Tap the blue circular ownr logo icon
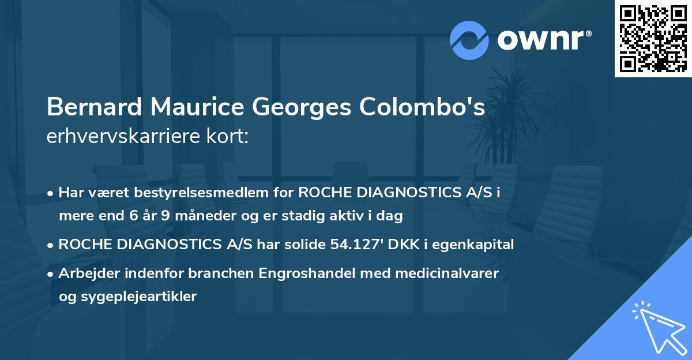(x=469, y=40)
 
